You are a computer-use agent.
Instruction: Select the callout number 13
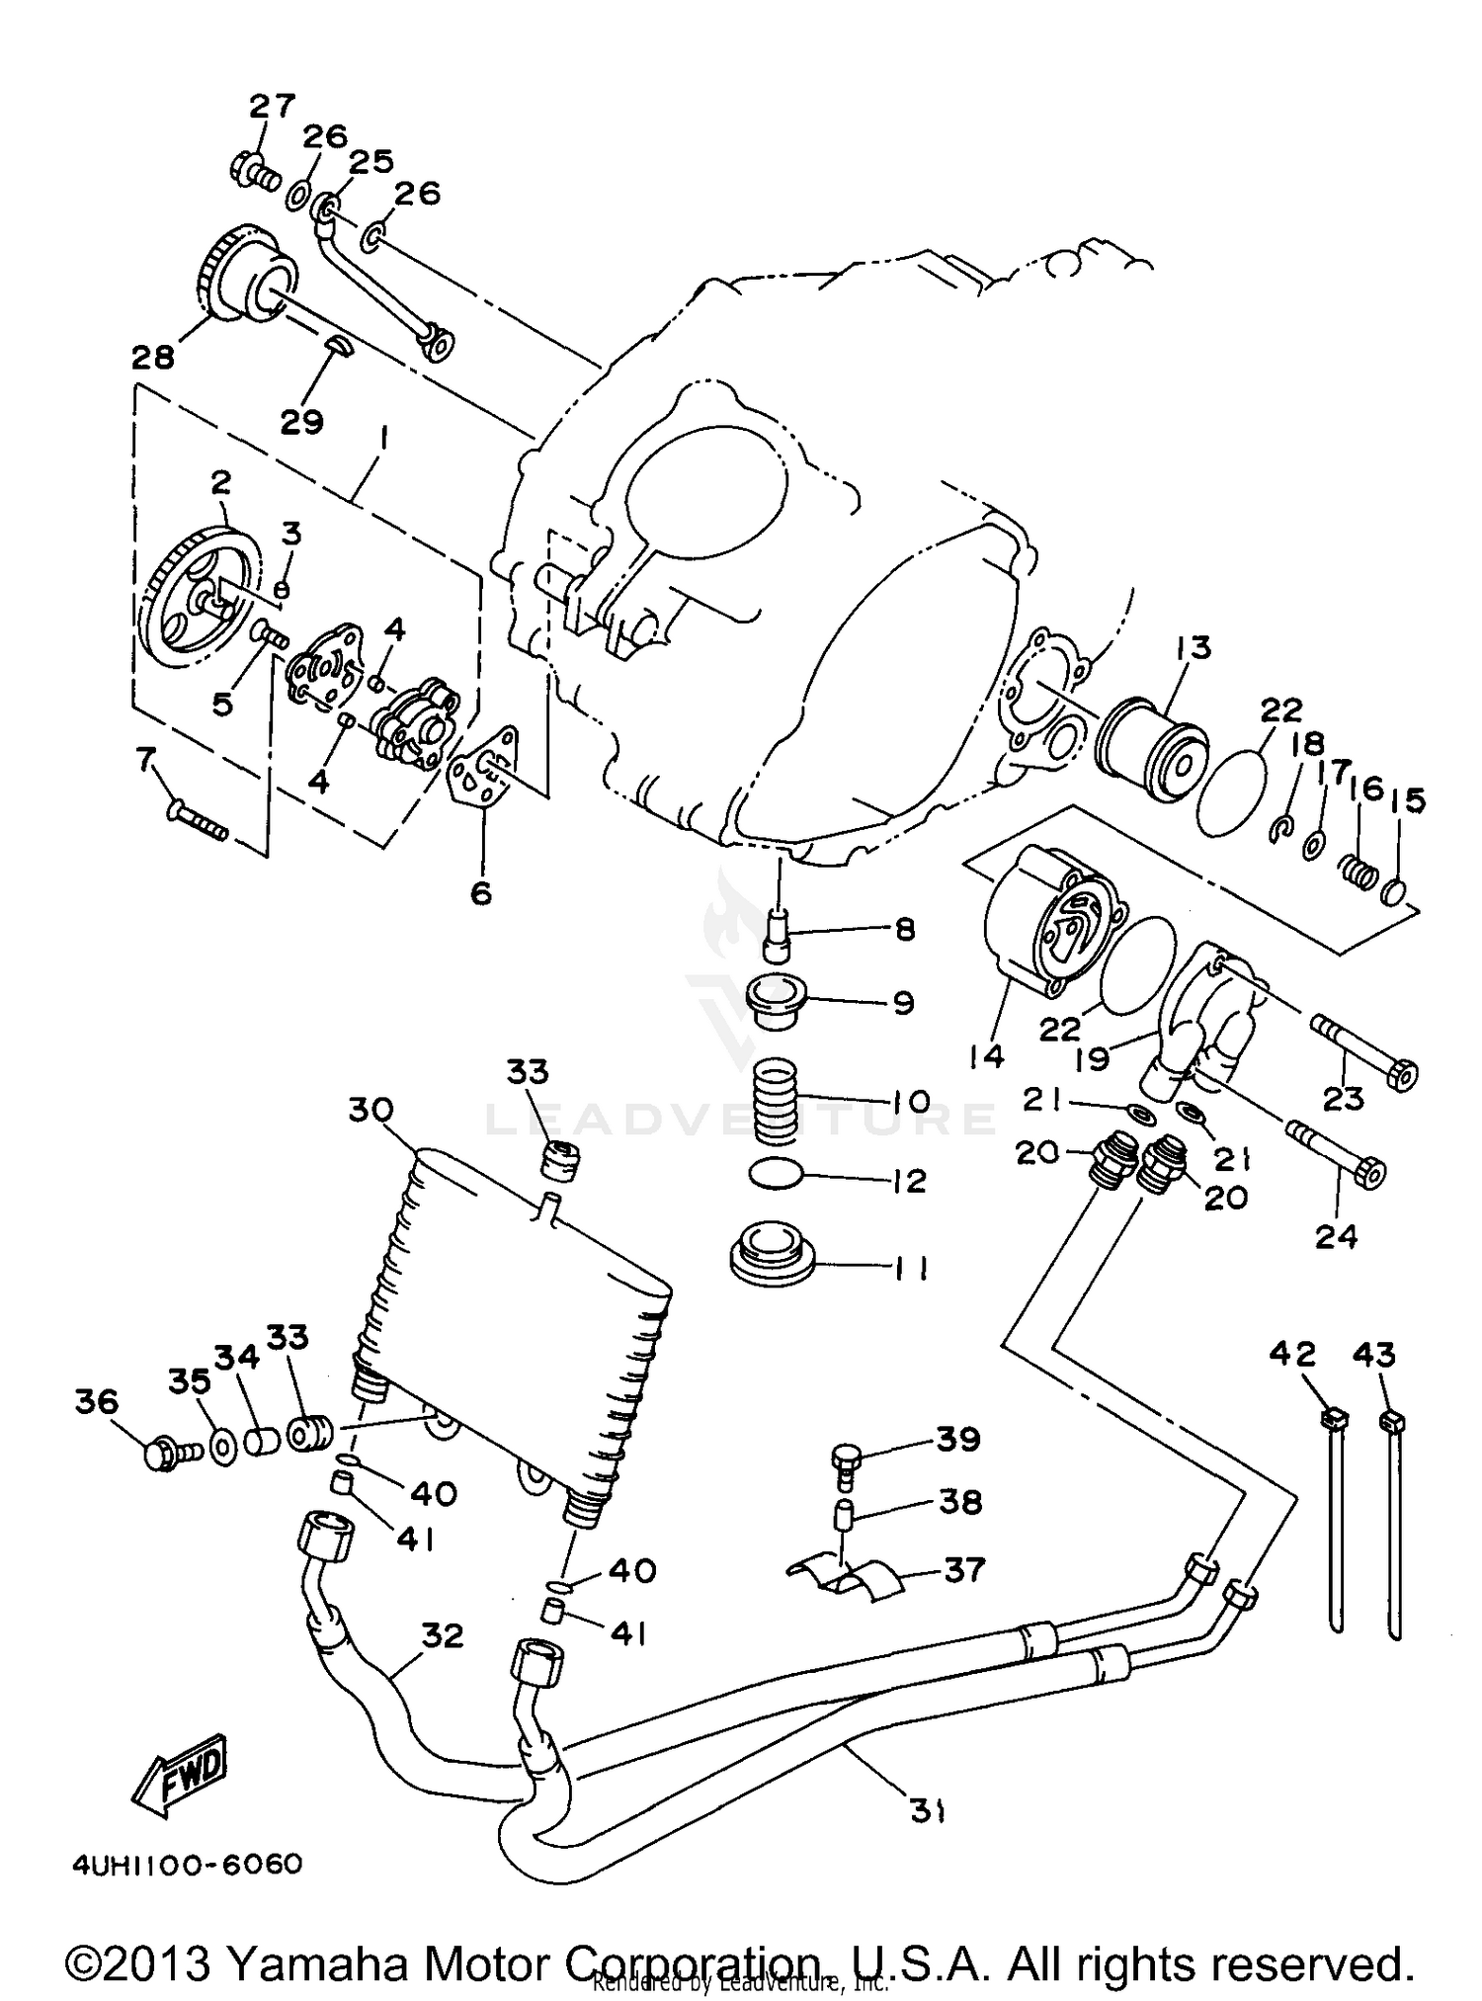pyautogui.click(x=1193, y=648)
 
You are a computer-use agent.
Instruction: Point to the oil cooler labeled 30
pyautogui.click(x=514, y=1314)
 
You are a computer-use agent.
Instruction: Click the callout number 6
pyautogui.click(x=480, y=892)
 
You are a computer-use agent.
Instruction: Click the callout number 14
pyautogui.click(x=986, y=1056)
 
